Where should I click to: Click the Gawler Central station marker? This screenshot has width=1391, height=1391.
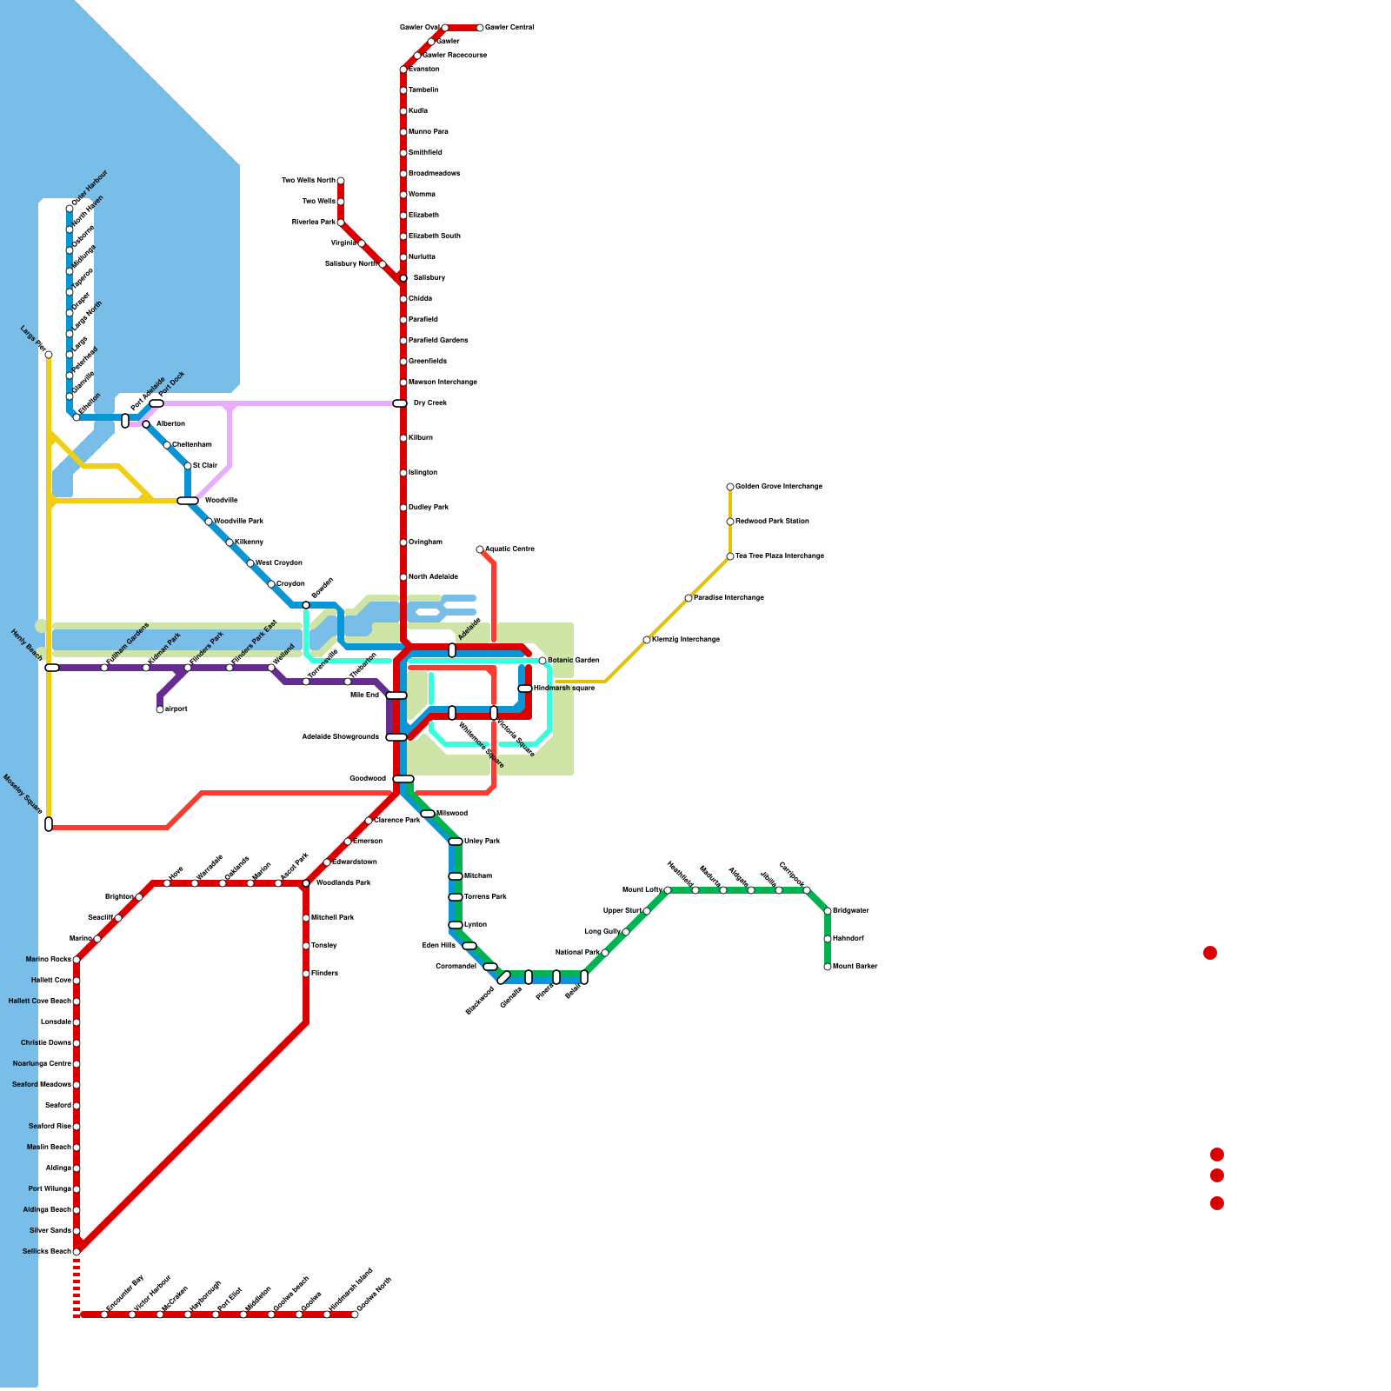click(480, 28)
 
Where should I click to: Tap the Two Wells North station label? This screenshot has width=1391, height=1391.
click(309, 181)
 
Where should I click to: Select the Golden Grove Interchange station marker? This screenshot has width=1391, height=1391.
click(730, 487)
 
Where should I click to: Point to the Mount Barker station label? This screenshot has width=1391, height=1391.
click(855, 967)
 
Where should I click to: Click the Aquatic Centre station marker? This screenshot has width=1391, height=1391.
click(480, 549)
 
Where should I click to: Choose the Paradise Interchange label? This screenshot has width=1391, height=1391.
click(729, 598)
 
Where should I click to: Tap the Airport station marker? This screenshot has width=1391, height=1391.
click(160, 709)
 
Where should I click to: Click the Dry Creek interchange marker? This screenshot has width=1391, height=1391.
click(400, 403)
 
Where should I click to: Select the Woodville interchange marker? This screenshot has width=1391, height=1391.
click(188, 501)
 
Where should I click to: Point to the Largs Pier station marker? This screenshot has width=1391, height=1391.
click(49, 355)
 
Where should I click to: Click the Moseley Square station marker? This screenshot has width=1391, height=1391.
click(49, 824)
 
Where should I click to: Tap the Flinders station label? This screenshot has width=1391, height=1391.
click(324, 974)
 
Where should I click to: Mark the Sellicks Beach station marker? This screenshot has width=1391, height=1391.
click(77, 1252)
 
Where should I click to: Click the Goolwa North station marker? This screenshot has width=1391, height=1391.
click(355, 1314)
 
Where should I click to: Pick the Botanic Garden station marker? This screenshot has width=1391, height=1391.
click(542, 661)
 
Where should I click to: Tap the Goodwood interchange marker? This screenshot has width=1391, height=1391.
click(403, 779)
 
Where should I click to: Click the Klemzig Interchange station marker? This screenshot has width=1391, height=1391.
click(647, 640)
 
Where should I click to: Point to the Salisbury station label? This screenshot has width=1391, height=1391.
click(429, 278)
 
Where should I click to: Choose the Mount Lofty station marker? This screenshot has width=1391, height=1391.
click(668, 890)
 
